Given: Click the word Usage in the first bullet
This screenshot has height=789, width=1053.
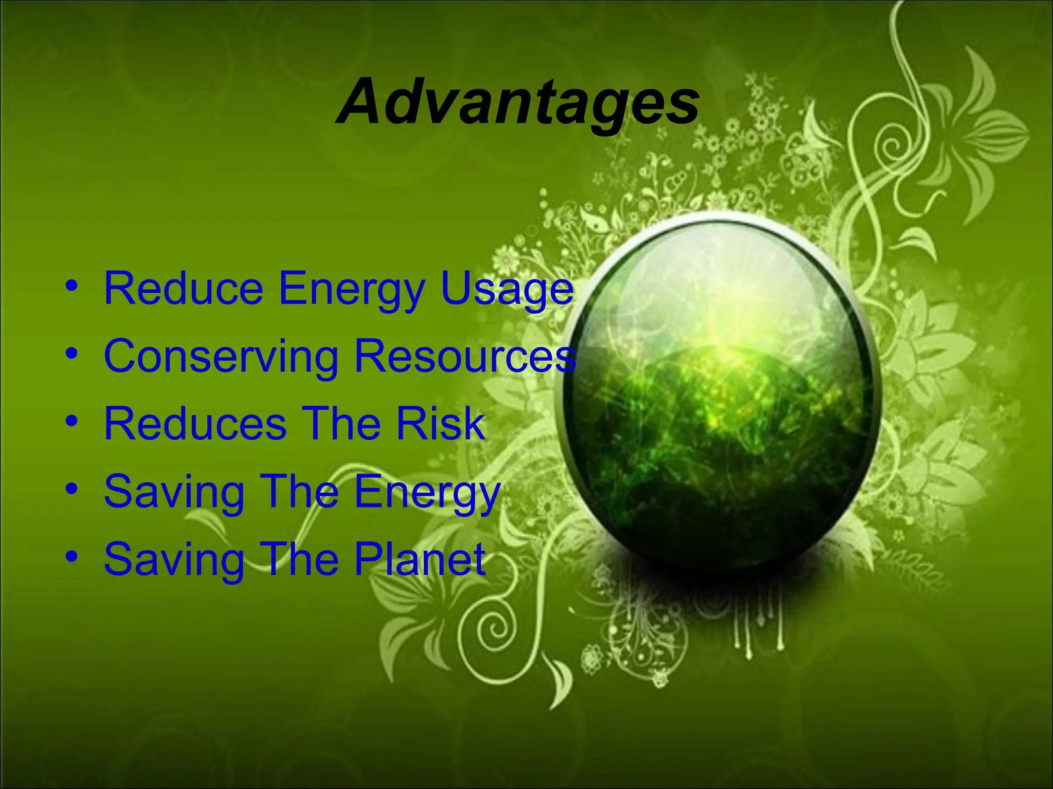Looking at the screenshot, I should point(507,290).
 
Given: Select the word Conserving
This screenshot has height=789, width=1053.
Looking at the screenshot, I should point(221,356).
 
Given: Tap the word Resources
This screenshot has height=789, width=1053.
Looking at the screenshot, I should point(465,356).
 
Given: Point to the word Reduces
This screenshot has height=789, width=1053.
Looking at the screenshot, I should point(195,424).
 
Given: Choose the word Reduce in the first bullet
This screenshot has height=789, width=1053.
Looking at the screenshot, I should point(184,289).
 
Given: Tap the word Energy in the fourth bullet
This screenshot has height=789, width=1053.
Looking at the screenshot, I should point(427,492).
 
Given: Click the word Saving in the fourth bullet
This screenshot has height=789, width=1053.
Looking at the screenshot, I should point(174,492).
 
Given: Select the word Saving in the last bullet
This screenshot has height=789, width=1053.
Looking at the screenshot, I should point(174,560).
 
